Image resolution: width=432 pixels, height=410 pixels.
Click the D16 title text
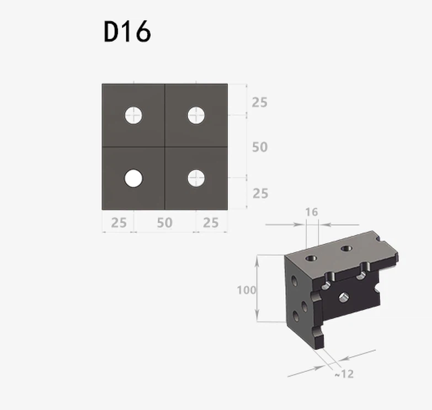click(x=127, y=31)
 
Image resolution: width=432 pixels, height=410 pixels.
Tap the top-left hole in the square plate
click(x=134, y=115)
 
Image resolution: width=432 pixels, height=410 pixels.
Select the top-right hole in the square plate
click(x=196, y=115)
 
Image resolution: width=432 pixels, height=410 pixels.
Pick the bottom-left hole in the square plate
click(x=134, y=178)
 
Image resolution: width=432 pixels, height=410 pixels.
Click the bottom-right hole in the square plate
click(x=196, y=178)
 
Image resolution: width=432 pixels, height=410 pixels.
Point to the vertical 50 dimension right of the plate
click(x=260, y=147)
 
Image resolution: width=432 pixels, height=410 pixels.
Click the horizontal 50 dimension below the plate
click(x=165, y=222)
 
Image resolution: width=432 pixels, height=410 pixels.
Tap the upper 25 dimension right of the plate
click(x=259, y=103)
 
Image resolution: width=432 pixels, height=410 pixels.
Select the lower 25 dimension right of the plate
click(x=260, y=194)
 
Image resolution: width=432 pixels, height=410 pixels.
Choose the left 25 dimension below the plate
click(x=119, y=222)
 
